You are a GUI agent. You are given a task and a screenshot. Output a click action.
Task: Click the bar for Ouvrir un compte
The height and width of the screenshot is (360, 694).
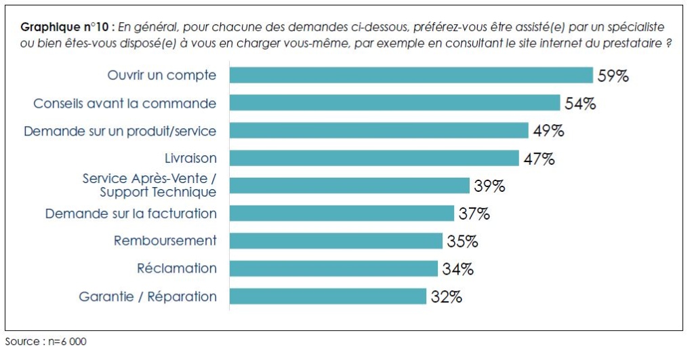point(411,75)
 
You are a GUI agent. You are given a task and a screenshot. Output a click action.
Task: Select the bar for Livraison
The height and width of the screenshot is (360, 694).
point(374,158)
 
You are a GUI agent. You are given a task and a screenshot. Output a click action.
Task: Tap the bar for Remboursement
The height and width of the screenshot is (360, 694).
point(336,241)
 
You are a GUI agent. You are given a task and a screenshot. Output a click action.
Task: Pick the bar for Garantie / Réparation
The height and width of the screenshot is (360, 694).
point(328,296)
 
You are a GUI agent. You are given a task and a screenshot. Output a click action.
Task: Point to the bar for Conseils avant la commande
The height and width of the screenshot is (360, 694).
point(394,103)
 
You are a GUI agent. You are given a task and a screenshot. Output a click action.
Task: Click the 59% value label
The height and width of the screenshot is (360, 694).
point(613,76)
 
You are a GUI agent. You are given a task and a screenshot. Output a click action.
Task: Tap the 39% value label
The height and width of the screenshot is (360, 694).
point(489,186)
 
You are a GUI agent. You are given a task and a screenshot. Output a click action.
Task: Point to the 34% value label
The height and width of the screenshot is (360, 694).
point(457,269)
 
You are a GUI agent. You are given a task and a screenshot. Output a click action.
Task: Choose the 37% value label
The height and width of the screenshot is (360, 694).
point(473,214)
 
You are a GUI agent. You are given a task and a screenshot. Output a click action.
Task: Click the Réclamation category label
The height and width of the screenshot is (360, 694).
point(177,268)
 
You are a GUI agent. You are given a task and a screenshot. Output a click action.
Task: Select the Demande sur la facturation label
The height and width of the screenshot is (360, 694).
point(131,214)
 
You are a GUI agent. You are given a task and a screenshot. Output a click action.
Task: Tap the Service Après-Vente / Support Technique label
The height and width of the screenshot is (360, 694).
point(150,186)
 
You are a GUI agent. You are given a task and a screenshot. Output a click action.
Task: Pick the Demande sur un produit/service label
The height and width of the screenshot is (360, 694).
point(120,131)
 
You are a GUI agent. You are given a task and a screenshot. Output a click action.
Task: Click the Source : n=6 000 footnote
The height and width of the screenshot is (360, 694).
point(45,342)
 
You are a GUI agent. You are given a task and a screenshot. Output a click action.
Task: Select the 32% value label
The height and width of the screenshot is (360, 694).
point(446,297)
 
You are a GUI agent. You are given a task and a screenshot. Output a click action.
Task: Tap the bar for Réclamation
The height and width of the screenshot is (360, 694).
point(333,268)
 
